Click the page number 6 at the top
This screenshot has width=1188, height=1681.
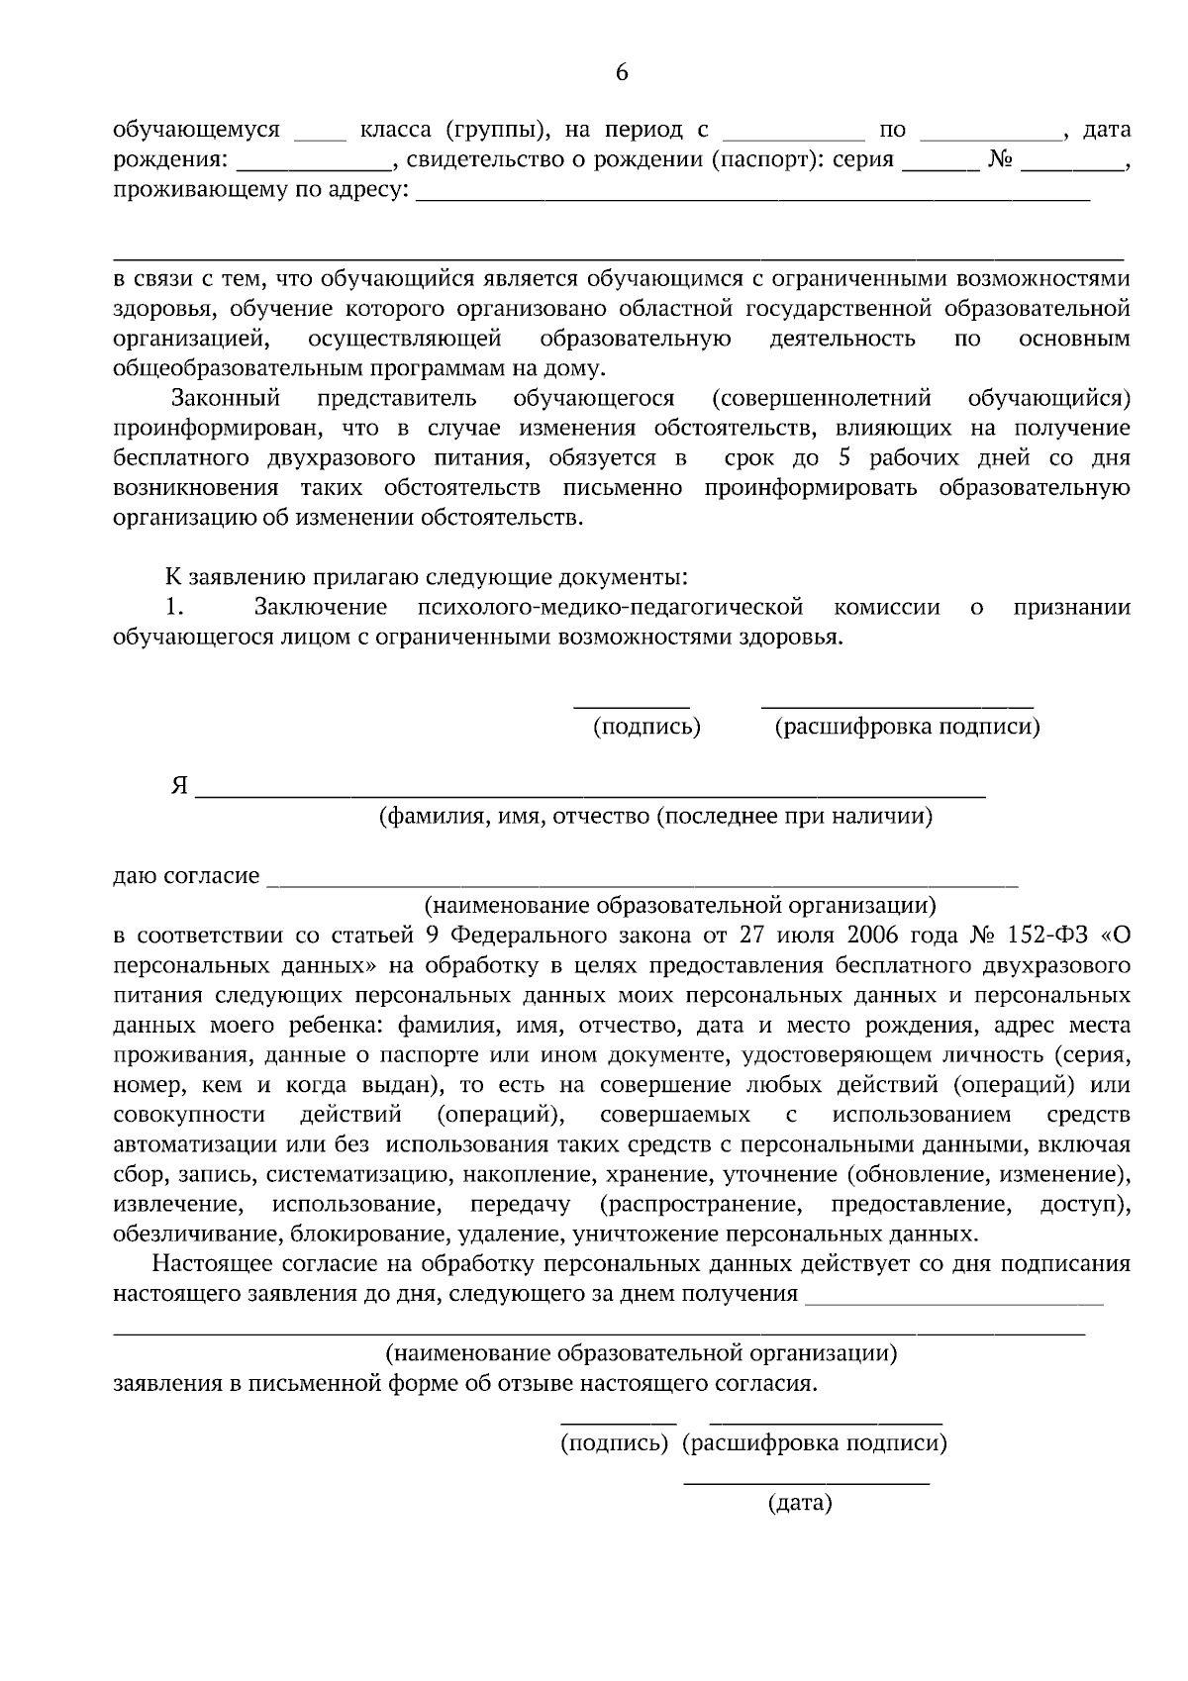622,71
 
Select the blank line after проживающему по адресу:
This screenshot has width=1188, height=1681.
752,198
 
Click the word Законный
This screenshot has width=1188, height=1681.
226,399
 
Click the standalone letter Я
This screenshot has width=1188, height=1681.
178,786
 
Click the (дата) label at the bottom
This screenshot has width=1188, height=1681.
800,1505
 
